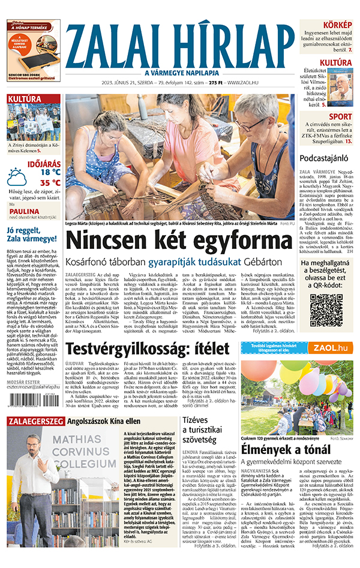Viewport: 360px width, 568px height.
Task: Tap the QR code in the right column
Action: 326,311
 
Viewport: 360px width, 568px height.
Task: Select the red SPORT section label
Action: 340,116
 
